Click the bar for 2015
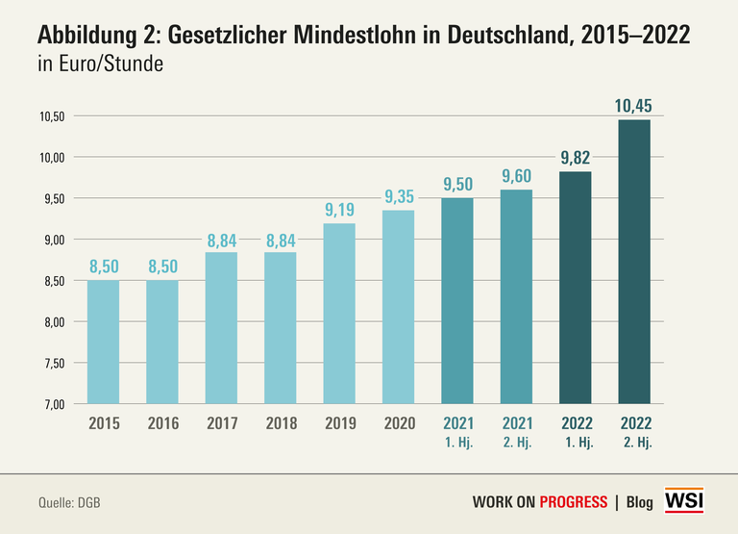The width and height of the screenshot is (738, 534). (x=104, y=342)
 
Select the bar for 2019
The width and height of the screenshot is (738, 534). (x=339, y=314)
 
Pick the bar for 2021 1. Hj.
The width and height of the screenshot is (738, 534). (x=457, y=300)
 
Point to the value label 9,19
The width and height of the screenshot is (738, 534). (x=339, y=211)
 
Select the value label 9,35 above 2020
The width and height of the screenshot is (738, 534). (x=399, y=197)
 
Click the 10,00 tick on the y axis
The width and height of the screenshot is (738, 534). (x=51, y=158)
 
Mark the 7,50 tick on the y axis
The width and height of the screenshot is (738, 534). (x=51, y=364)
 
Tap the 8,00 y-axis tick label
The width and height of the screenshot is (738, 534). (x=51, y=322)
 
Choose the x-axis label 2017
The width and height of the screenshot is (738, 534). (x=221, y=422)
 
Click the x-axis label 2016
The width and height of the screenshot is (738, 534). (x=162, y=422)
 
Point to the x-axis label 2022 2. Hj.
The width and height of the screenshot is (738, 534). (x=635, y=430)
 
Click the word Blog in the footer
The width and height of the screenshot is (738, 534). (x=639, y=502)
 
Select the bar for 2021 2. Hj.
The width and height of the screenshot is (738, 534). (x=516, y=296)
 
